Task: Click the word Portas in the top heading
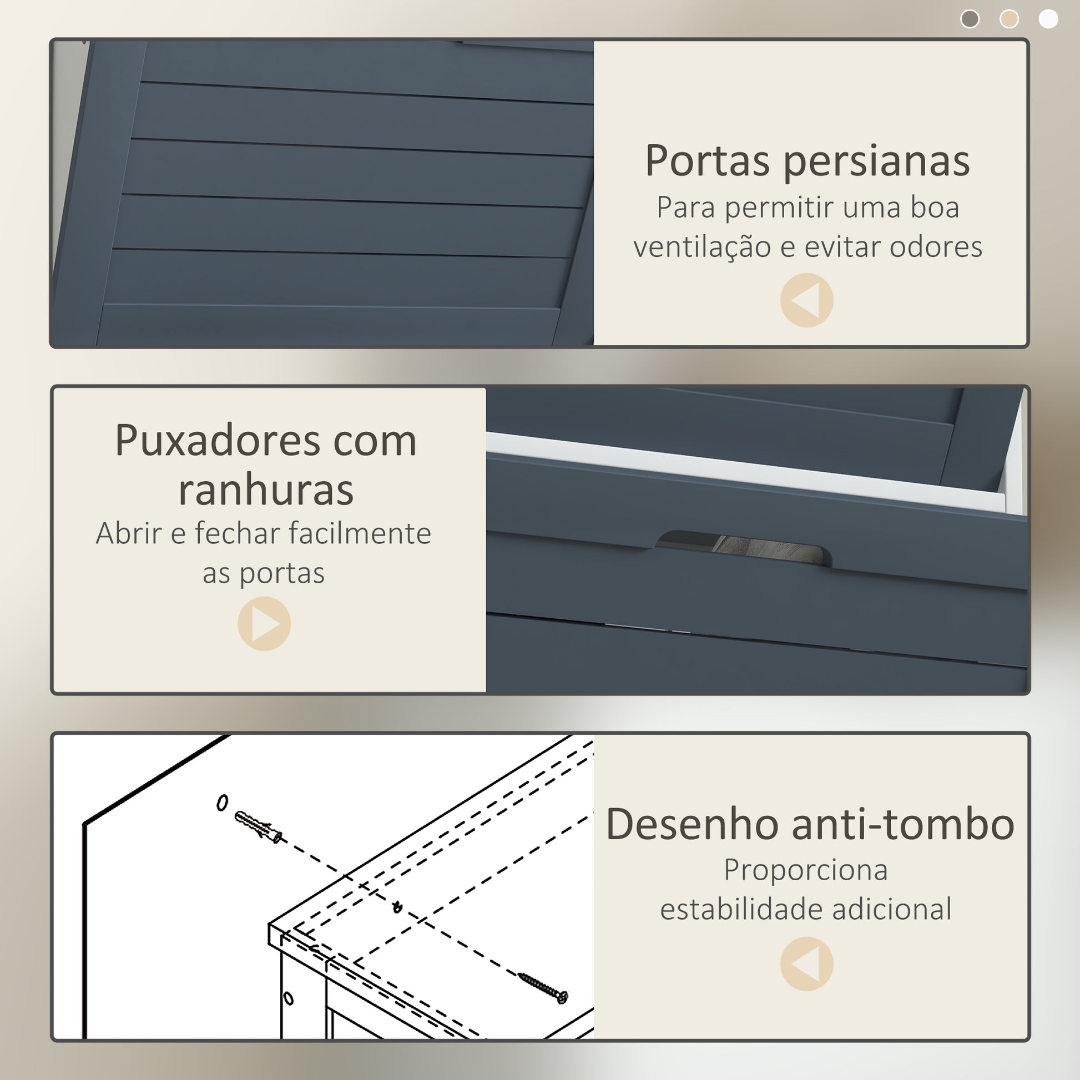707,161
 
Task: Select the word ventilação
702,248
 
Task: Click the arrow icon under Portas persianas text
806,300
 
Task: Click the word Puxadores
216,441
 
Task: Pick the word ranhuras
266,490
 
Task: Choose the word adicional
892,910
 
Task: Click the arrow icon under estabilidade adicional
806,965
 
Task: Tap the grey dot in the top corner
970,19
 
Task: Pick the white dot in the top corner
1048,19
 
